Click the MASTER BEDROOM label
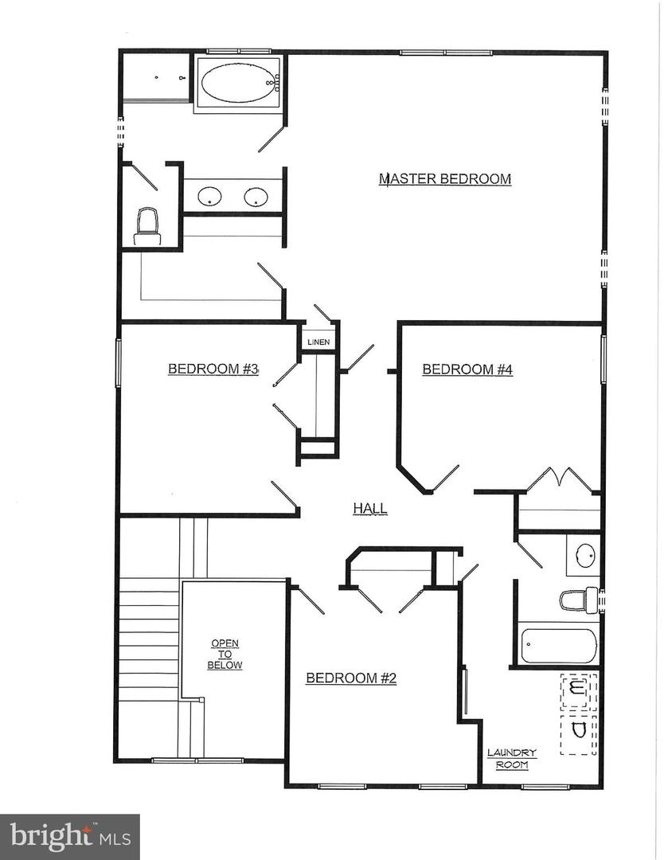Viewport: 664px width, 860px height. pyautogui.click(x=444, y=179)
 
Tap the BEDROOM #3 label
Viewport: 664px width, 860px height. pyautogui.click(x=214, y=369)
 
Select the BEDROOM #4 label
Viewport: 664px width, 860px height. pyautogui.click(x=467, y=369)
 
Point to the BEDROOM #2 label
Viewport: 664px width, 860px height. pyautogui.click(x=351, y=678)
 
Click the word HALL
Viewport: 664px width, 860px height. pyautogui.click(x=370, y=508)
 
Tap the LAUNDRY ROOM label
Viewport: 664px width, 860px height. pyautogui.click(x=512, y=759)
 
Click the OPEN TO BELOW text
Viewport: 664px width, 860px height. pyautogui.click(x=225, y=654)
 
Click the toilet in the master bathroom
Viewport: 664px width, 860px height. pyautogui.click(x=147, y=225)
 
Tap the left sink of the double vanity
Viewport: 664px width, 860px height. pyautogui.click(x=209, y=196)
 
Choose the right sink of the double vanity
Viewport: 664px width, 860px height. pyautogui.click(x=256, y=196)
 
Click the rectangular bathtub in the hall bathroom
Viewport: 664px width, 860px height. pyautogui.click(x=558, y=646)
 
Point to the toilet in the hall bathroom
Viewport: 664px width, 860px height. pyautogui.click(x=579, y=600)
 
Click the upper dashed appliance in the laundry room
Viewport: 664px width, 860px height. pyautogui.click(x=579, y=690)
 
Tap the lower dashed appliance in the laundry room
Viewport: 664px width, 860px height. pyautogui.click(x=579, y=733)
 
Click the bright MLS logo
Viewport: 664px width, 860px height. pyautogui.click(x=70, y=837)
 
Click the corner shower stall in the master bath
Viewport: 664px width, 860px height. pyautogui.click(x=155, y=77)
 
